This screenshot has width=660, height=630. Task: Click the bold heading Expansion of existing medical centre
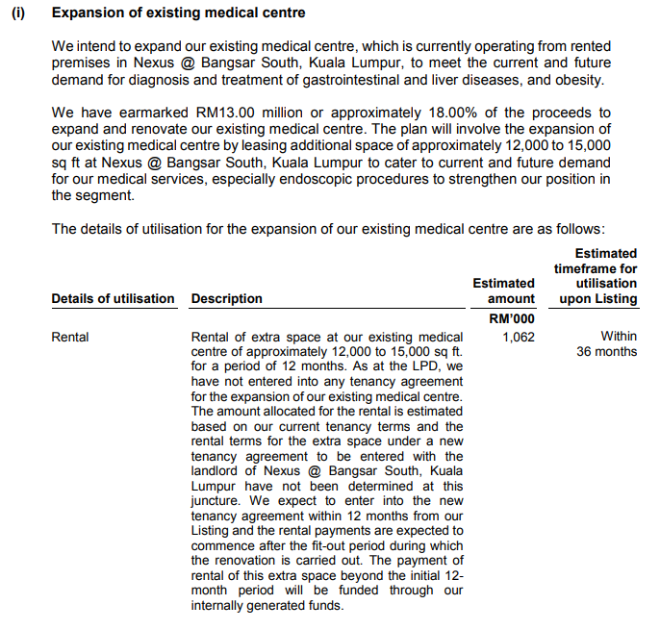178,13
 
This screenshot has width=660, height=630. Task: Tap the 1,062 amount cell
519,338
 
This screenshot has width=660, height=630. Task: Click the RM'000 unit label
512,318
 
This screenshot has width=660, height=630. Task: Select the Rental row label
70,338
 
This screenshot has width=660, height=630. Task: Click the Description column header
226,299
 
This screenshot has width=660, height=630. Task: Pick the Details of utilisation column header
114,299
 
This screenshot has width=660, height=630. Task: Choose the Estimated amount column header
504,291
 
